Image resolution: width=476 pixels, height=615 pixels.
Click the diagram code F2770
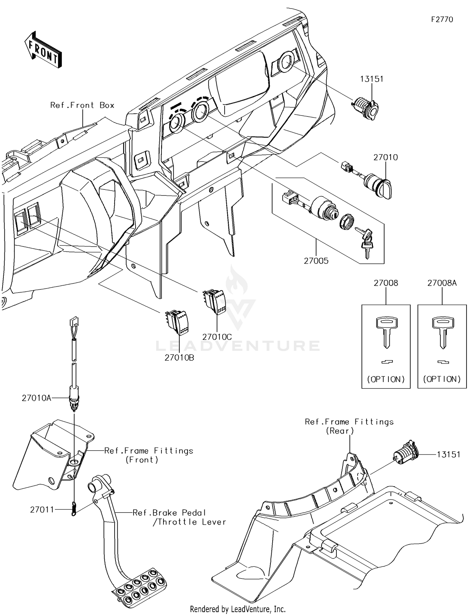tap(442, 20)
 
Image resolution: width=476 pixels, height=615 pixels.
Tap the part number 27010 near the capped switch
tap(385, 157)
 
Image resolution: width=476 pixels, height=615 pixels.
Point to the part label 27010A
tap(36, 398)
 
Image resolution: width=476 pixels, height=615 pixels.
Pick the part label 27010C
tap(217, 337)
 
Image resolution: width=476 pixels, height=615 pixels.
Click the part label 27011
tap(42, 510)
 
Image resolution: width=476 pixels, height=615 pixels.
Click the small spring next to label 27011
tap(74, 509)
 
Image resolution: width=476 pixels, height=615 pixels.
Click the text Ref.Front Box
tap(82, 105)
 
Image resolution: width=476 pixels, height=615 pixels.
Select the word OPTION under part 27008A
tap(442, 379)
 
